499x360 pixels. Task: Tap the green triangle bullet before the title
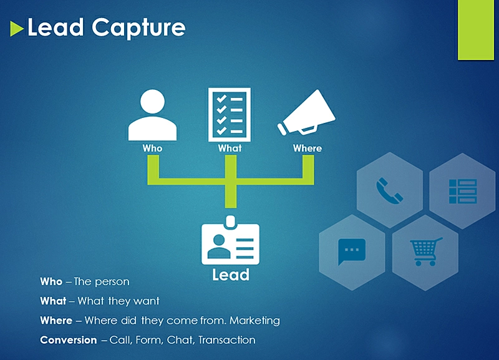click(x=17, y=28)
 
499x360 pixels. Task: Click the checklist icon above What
click(x=230, y=113)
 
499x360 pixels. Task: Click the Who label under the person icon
click(x=152, y=148)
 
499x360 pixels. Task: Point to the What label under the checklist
click(x=230, y=148)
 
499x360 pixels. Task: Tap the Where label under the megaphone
click(x=308, y=148)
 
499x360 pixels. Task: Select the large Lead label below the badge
click(x=231, y=275)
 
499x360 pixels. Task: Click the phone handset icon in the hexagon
click(x=389, y=189)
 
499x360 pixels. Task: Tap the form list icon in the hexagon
click(x=463, y=191)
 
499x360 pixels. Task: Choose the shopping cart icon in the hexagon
click(x=425, y=251)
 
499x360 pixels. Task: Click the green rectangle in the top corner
click(x=475, y=30)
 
